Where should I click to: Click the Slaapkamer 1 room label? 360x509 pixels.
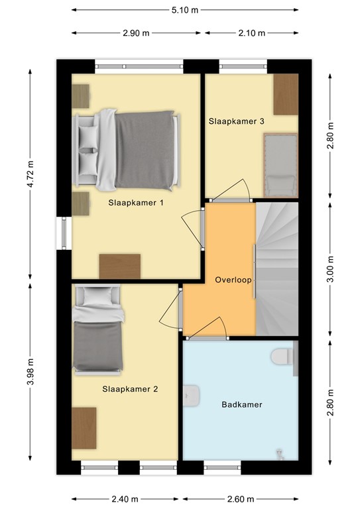point(136,203)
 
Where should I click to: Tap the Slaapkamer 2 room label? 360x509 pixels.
point(130,389)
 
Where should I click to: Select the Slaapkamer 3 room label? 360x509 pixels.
point(236,121)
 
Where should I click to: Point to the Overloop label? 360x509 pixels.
point(233,280)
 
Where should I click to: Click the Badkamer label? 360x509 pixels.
point(242,404)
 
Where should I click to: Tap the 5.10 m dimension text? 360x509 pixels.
point(185,10)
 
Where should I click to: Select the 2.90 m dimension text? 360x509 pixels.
point(136,33)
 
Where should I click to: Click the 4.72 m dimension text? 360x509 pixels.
point(30,174)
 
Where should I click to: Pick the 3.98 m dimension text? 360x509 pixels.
point(30,372)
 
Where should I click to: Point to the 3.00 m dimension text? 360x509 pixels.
point(330,270)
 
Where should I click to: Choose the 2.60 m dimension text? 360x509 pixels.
point(241,499)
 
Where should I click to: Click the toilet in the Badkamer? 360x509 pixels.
point(282,357)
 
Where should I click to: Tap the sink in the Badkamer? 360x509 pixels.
point(191,396)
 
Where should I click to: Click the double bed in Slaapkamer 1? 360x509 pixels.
point(127,150)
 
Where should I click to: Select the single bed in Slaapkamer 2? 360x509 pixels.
point(98,330)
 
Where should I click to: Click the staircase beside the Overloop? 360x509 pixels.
point(277,269)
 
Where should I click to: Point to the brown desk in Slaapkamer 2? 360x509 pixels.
point(84,428)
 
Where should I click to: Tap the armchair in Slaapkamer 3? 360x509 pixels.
point(280,165)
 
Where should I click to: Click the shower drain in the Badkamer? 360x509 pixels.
point(280,454)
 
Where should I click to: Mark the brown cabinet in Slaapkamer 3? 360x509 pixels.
point(286,94)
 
